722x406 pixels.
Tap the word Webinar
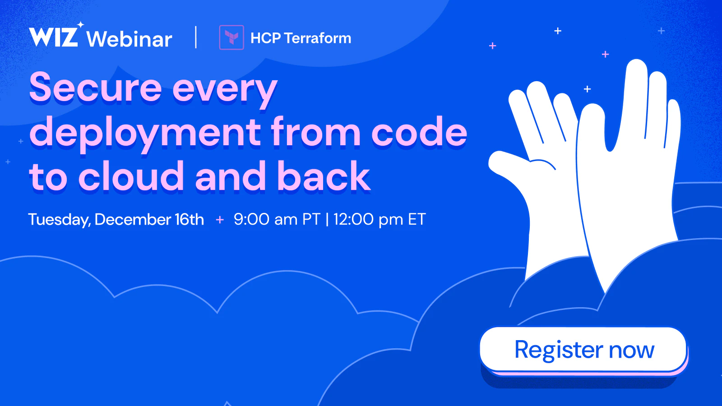pyautogui.click(x=129, y=39)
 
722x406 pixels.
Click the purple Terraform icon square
pyautogui.click(x=231, y=37)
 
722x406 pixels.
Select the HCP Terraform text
pyautogui.click(x=301, y=38)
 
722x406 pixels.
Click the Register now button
pyautogui.click(x=583, y=350)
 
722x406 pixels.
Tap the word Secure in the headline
pyautogui.click(x=95, y=87)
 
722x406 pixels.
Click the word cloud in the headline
pyautogui.click(x=131, y=176)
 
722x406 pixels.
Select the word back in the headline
pyautogui.click(x=324, y=176)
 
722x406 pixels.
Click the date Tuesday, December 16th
pyautogui.click(x=116, y=219)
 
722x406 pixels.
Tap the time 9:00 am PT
pyautogui.click(x=277, y=219)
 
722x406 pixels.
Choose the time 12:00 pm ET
pyautogui.click(x=380, y=219)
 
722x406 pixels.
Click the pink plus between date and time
pyautogui.click(x=220, y=220)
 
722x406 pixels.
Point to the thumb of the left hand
pyautogui.click(x=509, y=164)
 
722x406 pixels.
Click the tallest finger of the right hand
pyautogui.click(x=634, y=97)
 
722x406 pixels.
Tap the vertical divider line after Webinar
pyautogui.click(x=196, y=37)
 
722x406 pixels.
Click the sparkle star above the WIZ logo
pyautogui.click(x=80, y=25)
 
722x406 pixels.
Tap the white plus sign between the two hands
pyautogui.click(x=587, y=89)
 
